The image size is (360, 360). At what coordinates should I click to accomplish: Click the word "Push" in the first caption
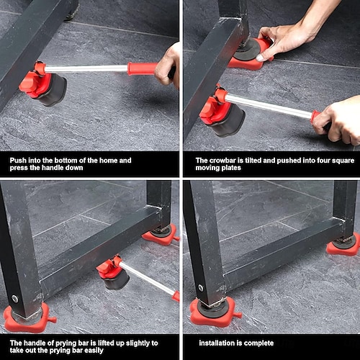[18, 161]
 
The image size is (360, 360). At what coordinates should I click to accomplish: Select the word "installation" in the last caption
[217, 343]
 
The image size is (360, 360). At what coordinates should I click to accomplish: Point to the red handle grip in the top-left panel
[142, 68]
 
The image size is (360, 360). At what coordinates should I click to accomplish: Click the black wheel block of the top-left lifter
[53, 90]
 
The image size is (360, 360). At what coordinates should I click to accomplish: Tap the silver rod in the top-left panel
[86, 69]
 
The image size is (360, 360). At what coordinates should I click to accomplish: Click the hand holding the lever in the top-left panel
[168, 66]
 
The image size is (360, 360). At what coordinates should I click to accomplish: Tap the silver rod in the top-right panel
[269, 106]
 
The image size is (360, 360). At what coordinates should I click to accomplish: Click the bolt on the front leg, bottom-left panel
[15, 299]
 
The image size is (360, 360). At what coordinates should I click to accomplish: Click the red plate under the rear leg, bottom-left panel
[161, 236]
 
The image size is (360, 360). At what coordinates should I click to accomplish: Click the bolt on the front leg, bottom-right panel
[200, 287]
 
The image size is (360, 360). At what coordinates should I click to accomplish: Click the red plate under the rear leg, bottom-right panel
[343, 246]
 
